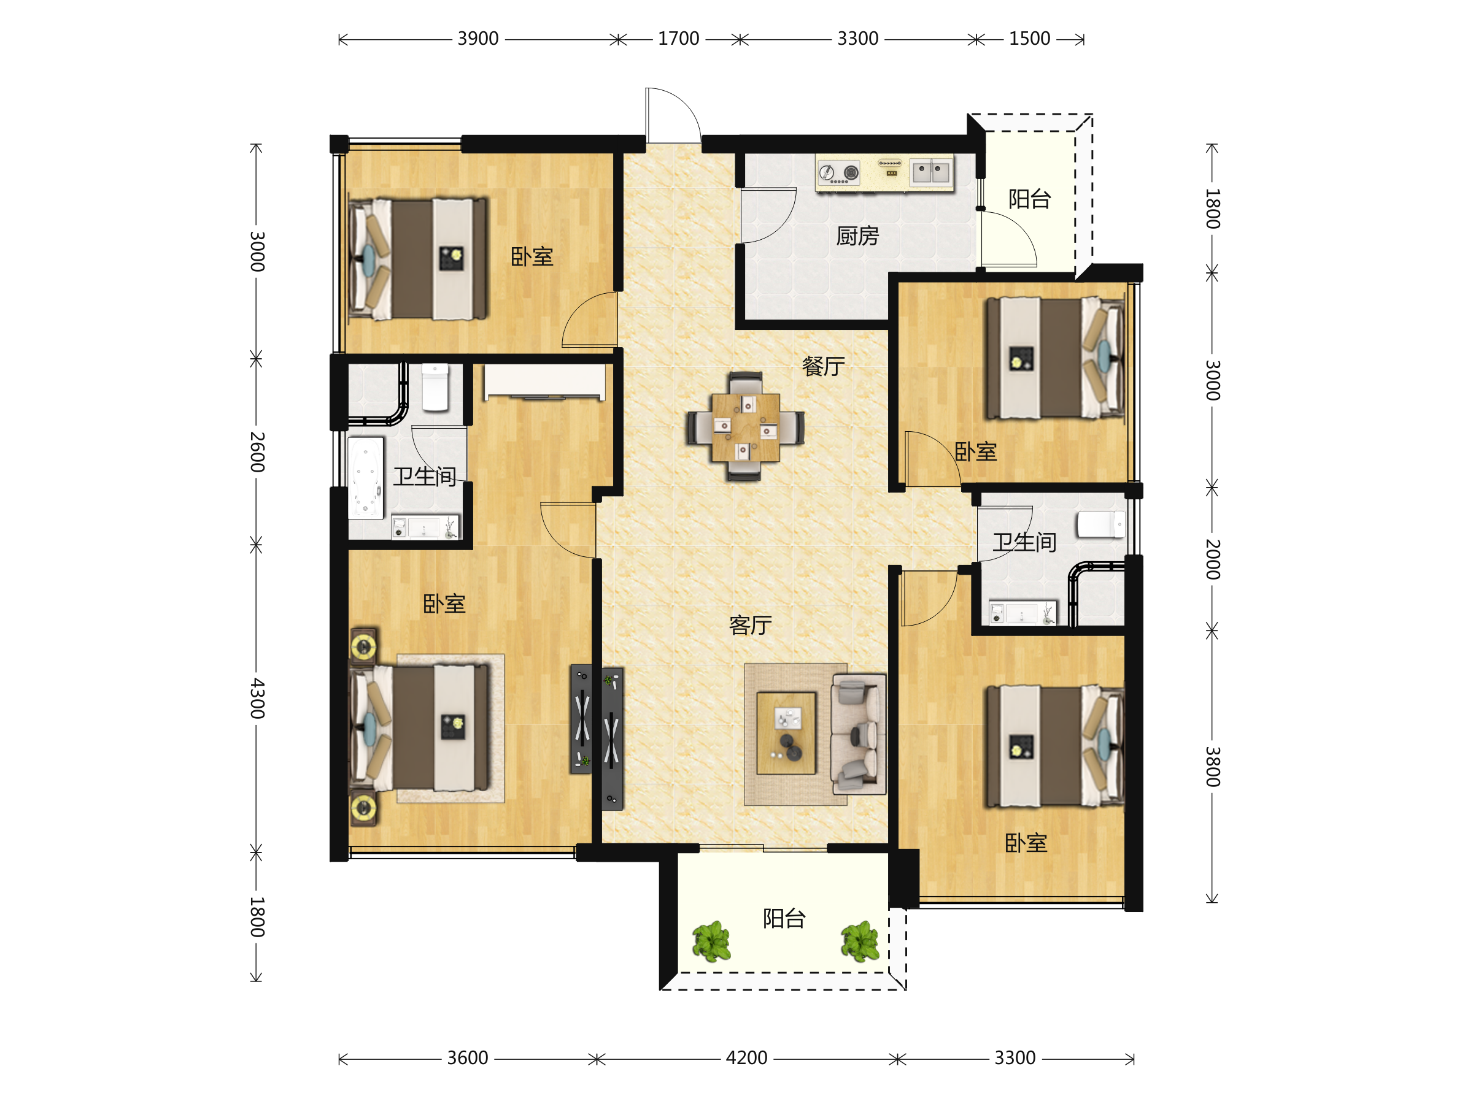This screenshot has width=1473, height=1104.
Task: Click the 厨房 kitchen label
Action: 857,236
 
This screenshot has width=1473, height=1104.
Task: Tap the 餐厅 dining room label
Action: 823,366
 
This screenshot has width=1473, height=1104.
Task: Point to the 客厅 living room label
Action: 751,625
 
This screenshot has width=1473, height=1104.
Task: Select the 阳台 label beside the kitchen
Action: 1029,198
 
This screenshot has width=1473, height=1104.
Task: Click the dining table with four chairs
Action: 745,426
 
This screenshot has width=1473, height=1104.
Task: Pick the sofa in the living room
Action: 859,734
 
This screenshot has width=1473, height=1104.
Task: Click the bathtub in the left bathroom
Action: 366,477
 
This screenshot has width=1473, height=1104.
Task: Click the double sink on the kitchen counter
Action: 930,172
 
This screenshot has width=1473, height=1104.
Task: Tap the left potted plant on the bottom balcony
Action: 712,941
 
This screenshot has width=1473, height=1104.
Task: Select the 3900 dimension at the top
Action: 477,39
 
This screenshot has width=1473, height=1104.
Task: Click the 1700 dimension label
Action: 679,39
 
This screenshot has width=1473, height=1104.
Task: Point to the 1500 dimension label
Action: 1029,39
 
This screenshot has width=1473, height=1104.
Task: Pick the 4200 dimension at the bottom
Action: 746,1057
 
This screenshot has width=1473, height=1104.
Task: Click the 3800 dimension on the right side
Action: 1213,767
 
